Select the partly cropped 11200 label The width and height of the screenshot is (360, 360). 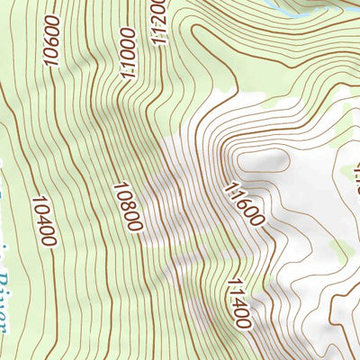[x=157, y=20]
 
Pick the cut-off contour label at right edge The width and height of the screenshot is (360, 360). [x=355, y=176]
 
